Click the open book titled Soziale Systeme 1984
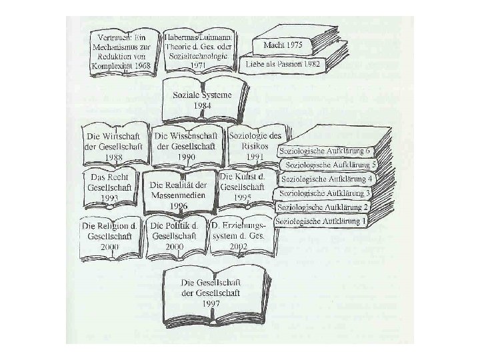click(x=203, y=100)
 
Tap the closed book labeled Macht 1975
click(x=285, y=45)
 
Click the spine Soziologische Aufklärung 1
click(x=321, y=219)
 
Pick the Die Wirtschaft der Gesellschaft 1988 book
click(x=114, y=143)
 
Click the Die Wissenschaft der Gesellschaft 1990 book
click(x=187, y=143)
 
